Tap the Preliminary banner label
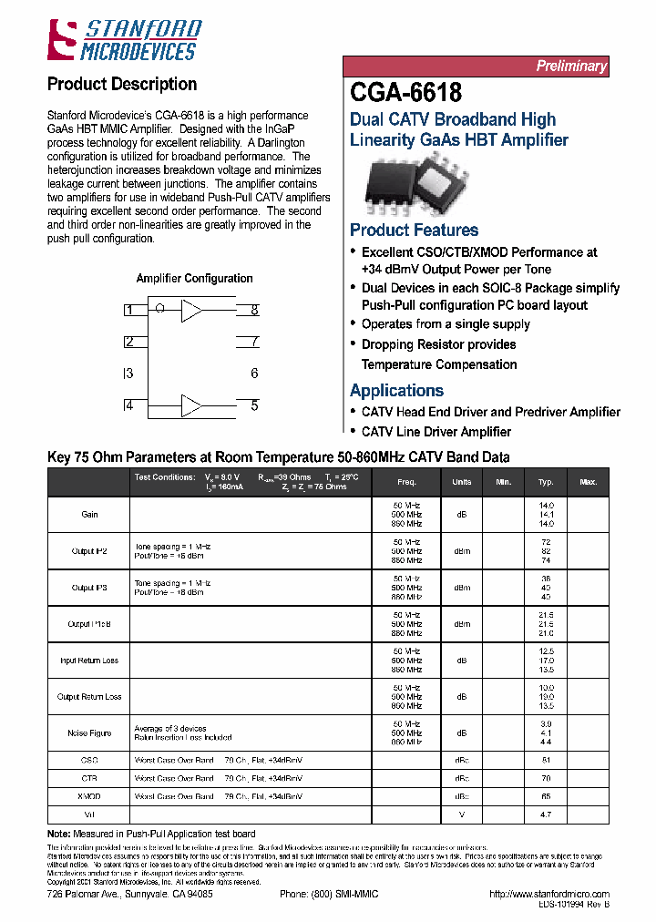[570, 67]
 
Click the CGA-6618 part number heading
[405, 92]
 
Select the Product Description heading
[121, 84]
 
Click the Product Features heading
[414, 230]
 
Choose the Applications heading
[396, 390]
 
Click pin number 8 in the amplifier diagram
[254, 311]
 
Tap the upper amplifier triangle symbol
[191, 311]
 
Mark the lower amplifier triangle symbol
[191, 405]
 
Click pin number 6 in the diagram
[254, 374]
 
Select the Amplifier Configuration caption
[194, 279]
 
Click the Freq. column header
[407, 482]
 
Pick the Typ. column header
[546, 482]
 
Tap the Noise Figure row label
[89, 733]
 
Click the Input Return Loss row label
[89, 661]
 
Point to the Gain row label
[89, 515]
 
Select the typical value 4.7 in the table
[546, 814]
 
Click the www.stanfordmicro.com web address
[548, 895]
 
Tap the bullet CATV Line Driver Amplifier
[436, 432]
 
